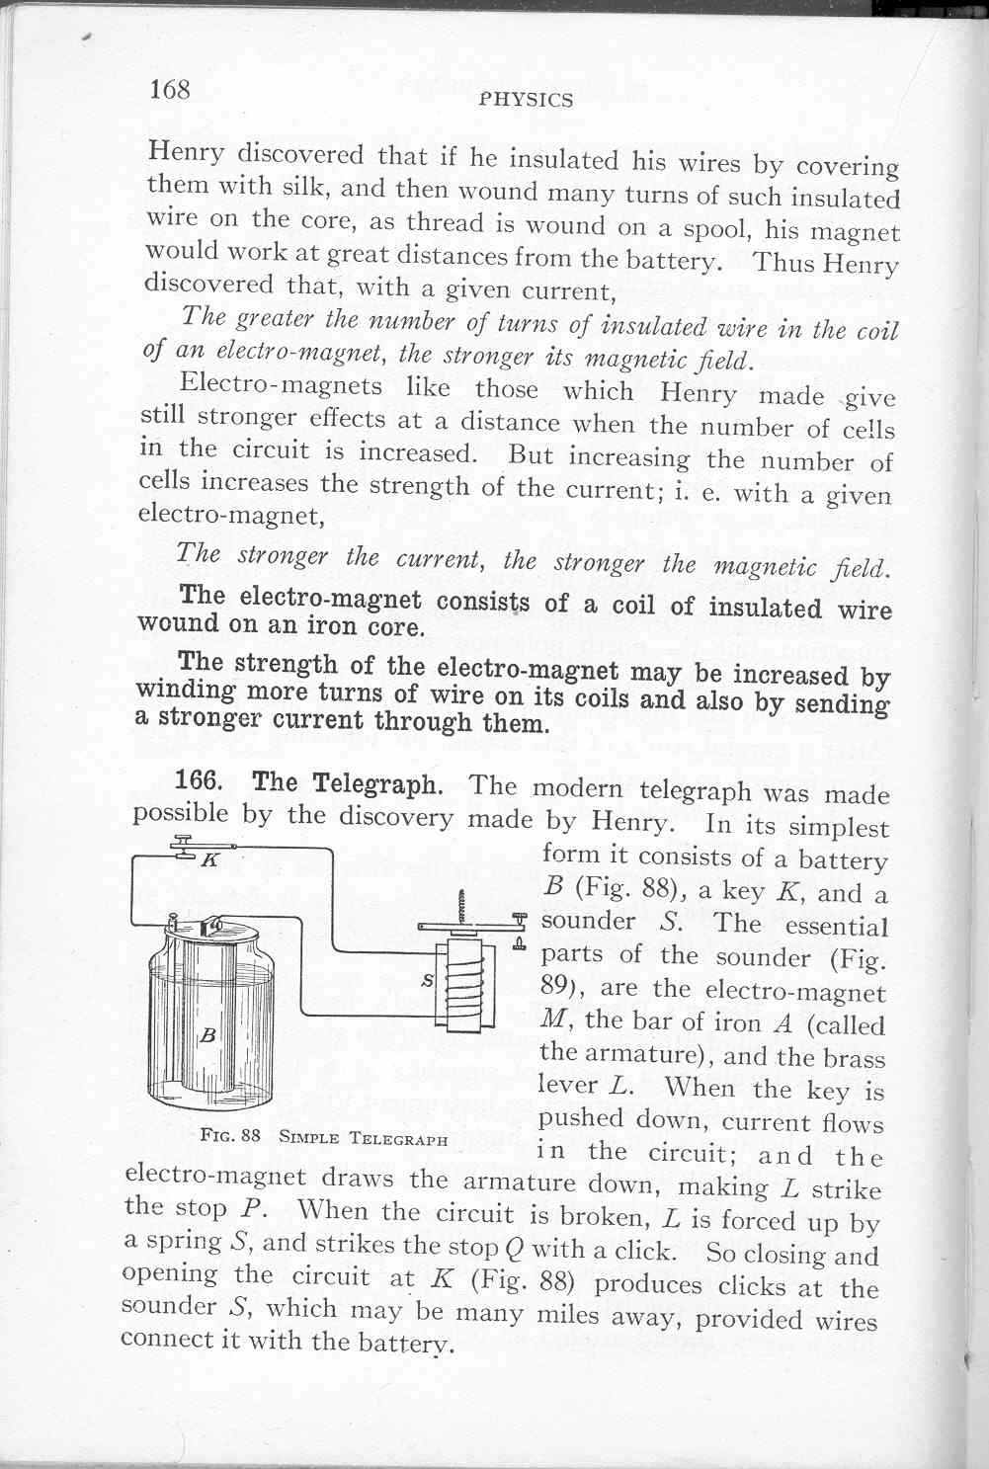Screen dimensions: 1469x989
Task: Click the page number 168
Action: point(169,90)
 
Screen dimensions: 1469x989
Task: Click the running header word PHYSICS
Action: point(525,100)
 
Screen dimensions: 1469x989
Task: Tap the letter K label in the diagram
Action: point(208,859)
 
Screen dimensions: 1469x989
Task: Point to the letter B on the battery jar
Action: point(207,1036)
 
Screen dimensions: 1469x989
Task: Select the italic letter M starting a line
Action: point(552,1021)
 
